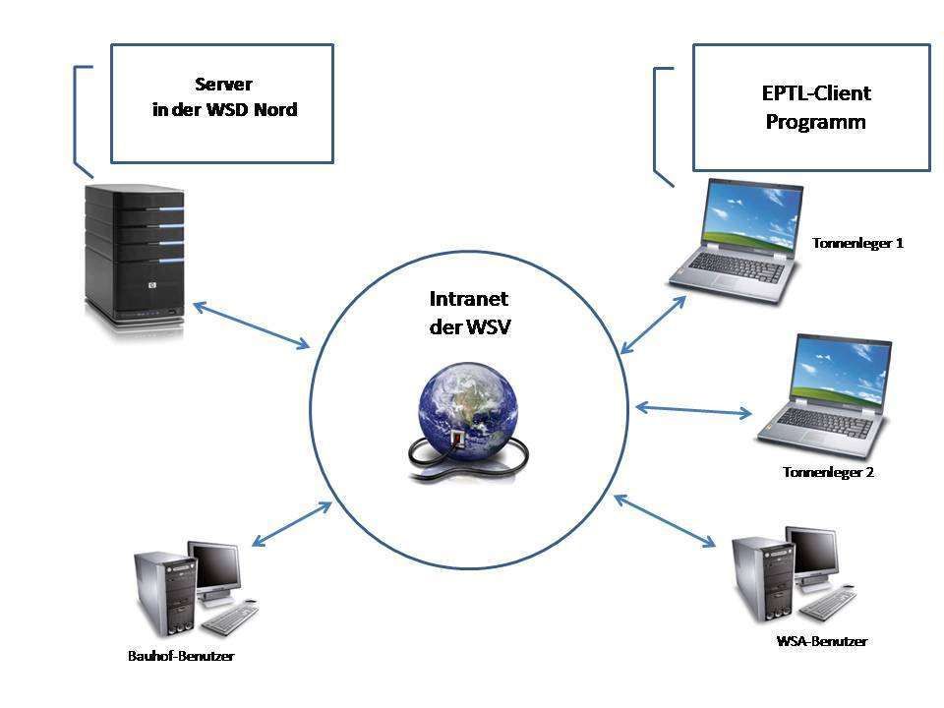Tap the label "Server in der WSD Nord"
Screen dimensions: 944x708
(x=224, y=97)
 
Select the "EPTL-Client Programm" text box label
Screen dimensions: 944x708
(x=816, y=107)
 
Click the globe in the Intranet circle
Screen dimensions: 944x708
(x=468, y=415)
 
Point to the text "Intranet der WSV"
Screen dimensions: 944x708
(x=470, y=313)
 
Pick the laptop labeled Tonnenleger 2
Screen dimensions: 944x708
(x=824, y=396)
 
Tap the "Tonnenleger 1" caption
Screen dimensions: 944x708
(x=857, y=243)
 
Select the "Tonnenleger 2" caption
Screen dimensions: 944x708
(x=828, y=472)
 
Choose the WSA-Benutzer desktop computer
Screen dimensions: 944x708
(x=793, y=574)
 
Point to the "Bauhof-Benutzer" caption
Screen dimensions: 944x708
(x=181, y=656)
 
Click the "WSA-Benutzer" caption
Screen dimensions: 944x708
(x=822, y=641)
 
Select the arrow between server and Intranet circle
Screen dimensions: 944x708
(x=251, y=325)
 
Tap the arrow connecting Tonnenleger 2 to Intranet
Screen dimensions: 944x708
(x=693, y=411)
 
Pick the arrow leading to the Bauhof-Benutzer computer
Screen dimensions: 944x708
(x=291, y=524)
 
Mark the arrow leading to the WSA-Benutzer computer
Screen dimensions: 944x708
(x=665, y=521)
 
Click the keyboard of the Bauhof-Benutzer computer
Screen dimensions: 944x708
(x=230, y=618)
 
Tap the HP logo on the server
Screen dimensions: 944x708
(x=152, y=285)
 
